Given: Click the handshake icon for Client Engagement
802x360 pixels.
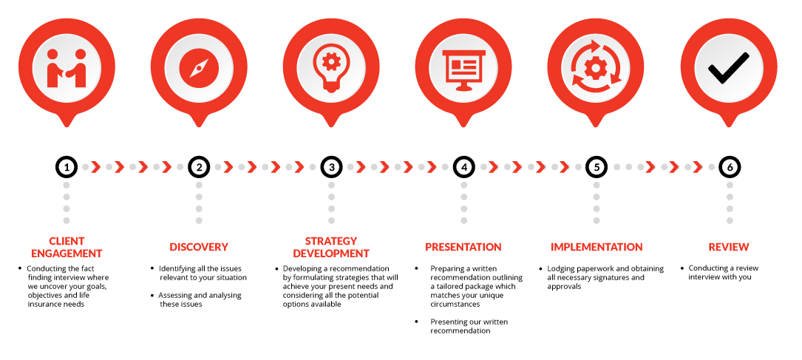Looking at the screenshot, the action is point(67,68).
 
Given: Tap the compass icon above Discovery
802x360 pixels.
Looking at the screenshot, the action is point(199,68).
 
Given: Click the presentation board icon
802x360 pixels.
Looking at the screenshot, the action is point(463,70).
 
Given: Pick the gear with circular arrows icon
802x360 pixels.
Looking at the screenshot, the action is point(596,68).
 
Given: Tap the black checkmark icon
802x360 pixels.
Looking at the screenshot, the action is point(728,68).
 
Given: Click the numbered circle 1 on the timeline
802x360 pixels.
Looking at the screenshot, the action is point(67,167).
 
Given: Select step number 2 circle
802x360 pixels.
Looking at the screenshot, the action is point(199,167).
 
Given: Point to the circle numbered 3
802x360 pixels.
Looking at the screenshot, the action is point(331,167).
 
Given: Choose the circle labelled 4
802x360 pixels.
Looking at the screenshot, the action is point(464,167).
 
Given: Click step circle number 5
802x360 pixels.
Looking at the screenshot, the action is point(597,167).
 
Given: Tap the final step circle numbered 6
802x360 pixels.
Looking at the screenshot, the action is point(730,167).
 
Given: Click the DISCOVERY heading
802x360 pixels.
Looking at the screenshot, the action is point(199,247).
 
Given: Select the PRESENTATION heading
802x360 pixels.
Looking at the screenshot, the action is point(463,247).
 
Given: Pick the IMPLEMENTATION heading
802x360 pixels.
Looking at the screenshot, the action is point(597,247).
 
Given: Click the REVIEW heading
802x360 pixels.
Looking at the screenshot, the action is point(729,247).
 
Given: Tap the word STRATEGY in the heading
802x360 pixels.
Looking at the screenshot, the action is point(331,241).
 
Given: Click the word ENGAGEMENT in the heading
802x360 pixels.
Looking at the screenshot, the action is point(67,253).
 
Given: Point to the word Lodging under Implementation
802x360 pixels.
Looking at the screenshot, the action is point(561,269).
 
